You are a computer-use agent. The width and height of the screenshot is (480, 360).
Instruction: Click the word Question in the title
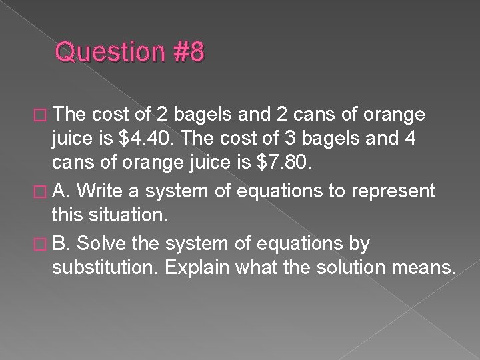[x=107, y=52]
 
